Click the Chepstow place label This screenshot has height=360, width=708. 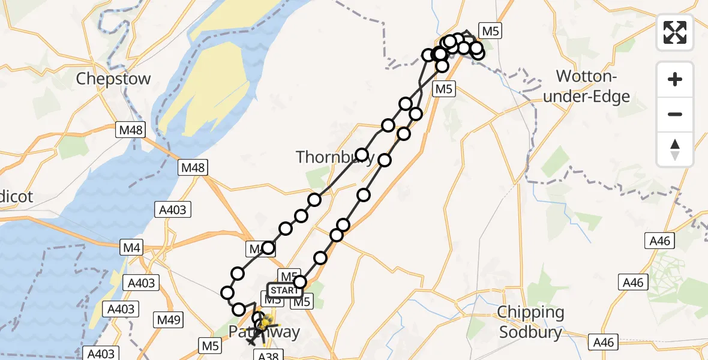113,79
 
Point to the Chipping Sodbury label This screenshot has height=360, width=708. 531,322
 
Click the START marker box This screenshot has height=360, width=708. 283,290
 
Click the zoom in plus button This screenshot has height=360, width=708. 675,79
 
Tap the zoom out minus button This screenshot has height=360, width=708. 675,114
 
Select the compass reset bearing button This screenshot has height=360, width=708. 675,149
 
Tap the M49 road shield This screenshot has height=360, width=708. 169,320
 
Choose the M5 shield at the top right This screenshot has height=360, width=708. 490,31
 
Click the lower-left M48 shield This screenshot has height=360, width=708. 193,168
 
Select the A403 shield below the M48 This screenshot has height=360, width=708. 173,209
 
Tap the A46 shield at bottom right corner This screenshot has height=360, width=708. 604,342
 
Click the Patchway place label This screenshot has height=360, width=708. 264,332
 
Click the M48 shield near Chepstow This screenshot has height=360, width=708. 131,128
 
